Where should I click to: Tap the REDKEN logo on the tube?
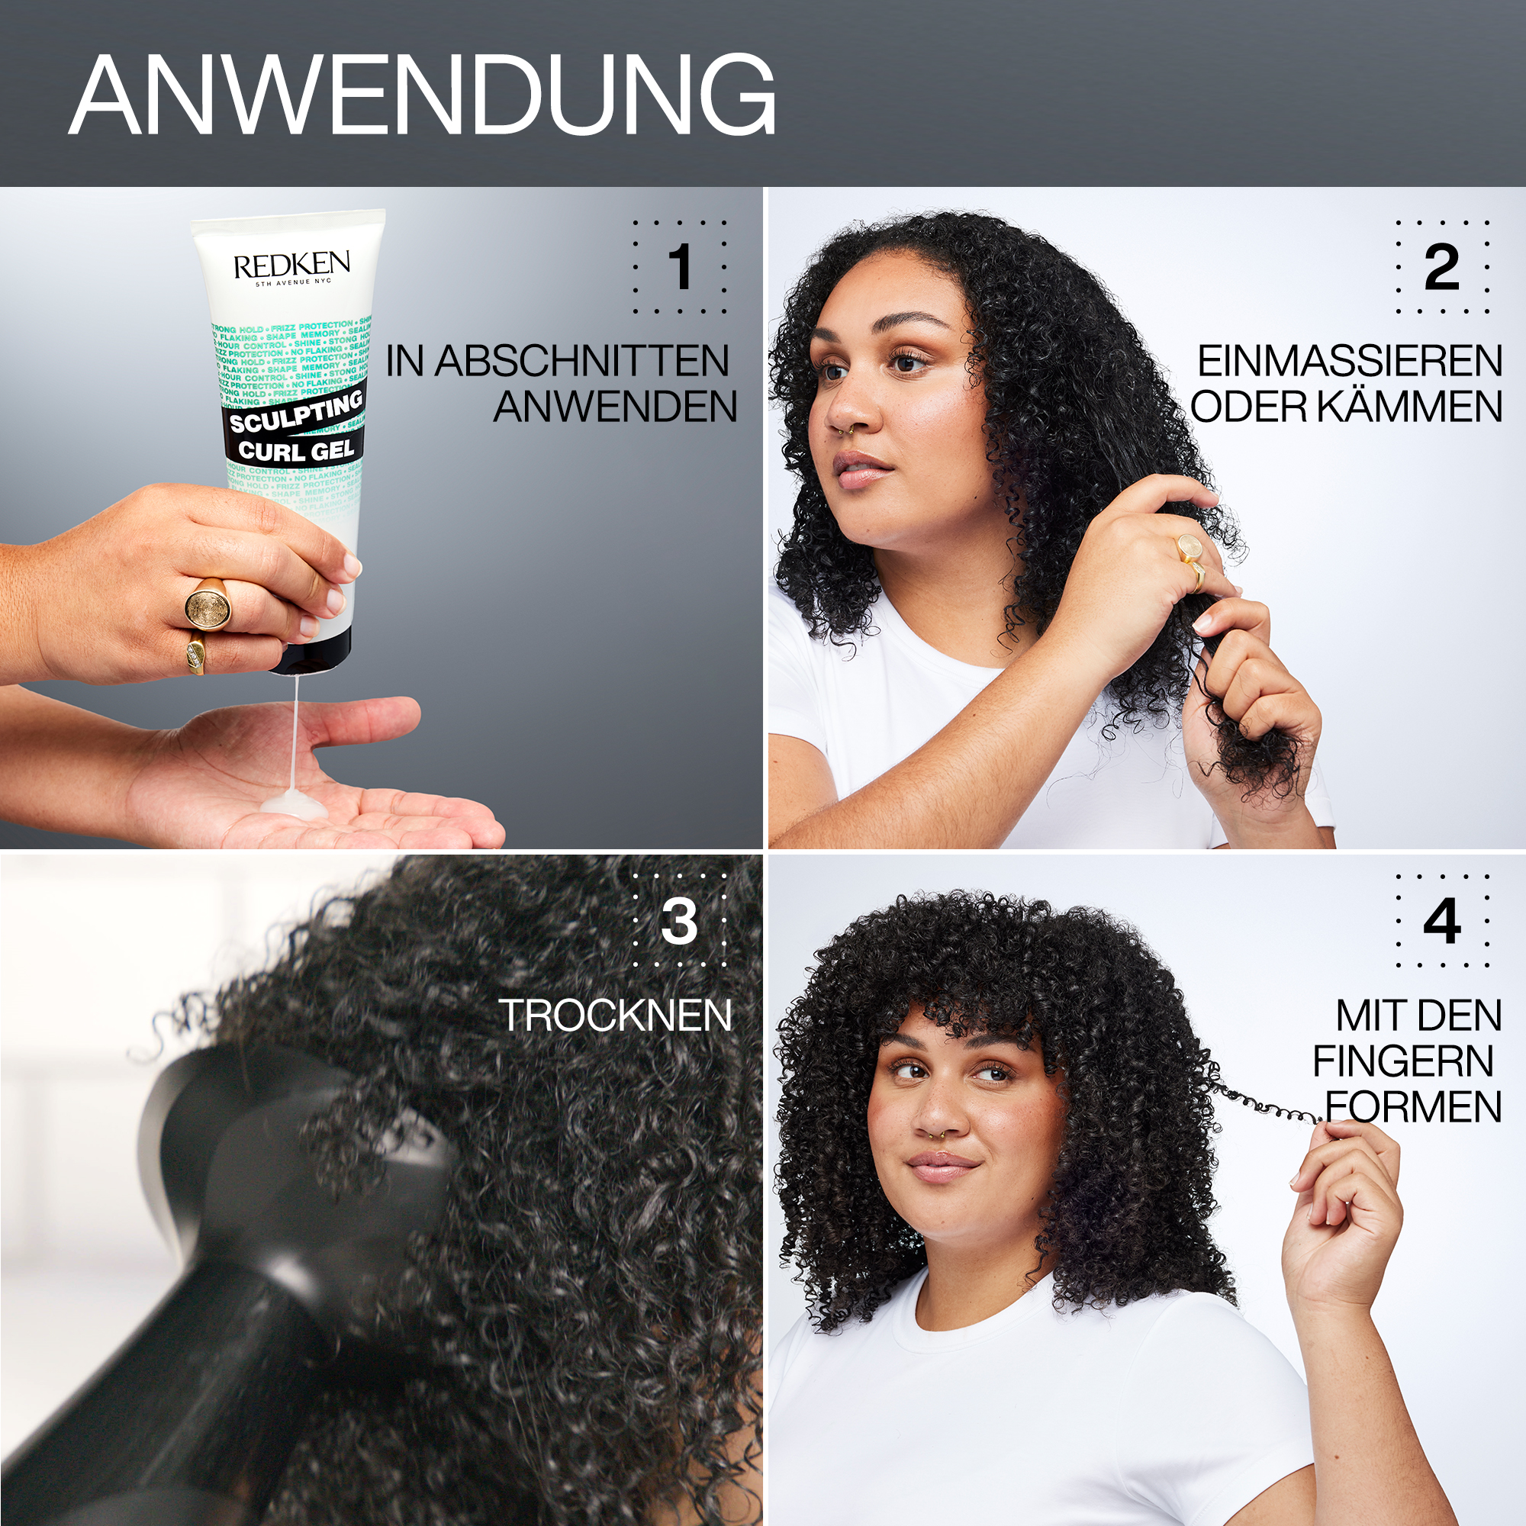[291, 266]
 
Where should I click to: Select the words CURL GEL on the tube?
[296, 451]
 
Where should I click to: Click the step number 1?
[679, 267]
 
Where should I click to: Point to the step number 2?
[1441, 267]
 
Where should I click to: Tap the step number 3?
[679, 921]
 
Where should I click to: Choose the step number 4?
[1441, 921]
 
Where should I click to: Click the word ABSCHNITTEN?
[581, 362]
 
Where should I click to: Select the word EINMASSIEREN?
[1349, 362]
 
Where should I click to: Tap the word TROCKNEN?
[615, 1016]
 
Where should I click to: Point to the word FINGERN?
[1403, 1061]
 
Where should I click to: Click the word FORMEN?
[1413, 1106]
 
